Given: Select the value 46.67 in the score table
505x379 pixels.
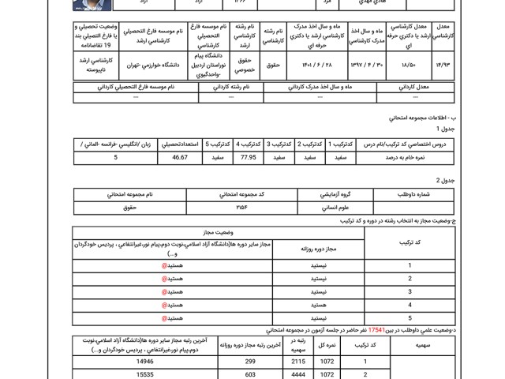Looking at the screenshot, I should coord(180,158).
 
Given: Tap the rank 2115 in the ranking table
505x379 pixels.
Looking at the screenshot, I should coord(287,359).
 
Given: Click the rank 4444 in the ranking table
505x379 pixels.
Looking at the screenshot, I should coord(287,374).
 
